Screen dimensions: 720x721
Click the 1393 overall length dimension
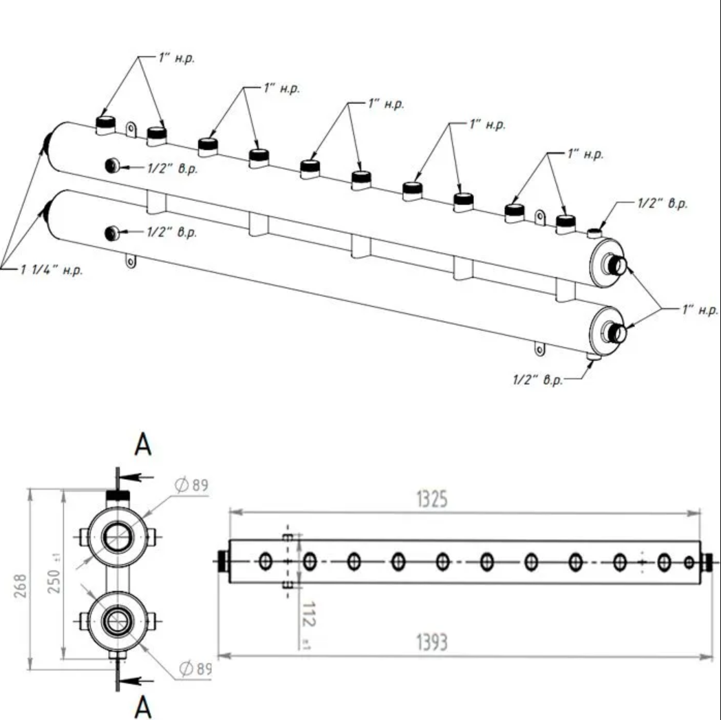click(x=432, y=643)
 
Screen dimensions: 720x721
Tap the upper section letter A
click(x=142, y=445)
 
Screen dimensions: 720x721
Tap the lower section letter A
click(x=142, y=706)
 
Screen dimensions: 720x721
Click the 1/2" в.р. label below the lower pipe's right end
click(x=538, y=381)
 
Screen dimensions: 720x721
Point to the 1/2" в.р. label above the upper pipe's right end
click(x=660, y=204)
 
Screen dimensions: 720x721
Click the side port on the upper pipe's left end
click(x=111, y=165)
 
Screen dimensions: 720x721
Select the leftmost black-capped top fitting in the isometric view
click(x=105, y=124)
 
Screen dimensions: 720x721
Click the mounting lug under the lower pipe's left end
click(x=129, y=262)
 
